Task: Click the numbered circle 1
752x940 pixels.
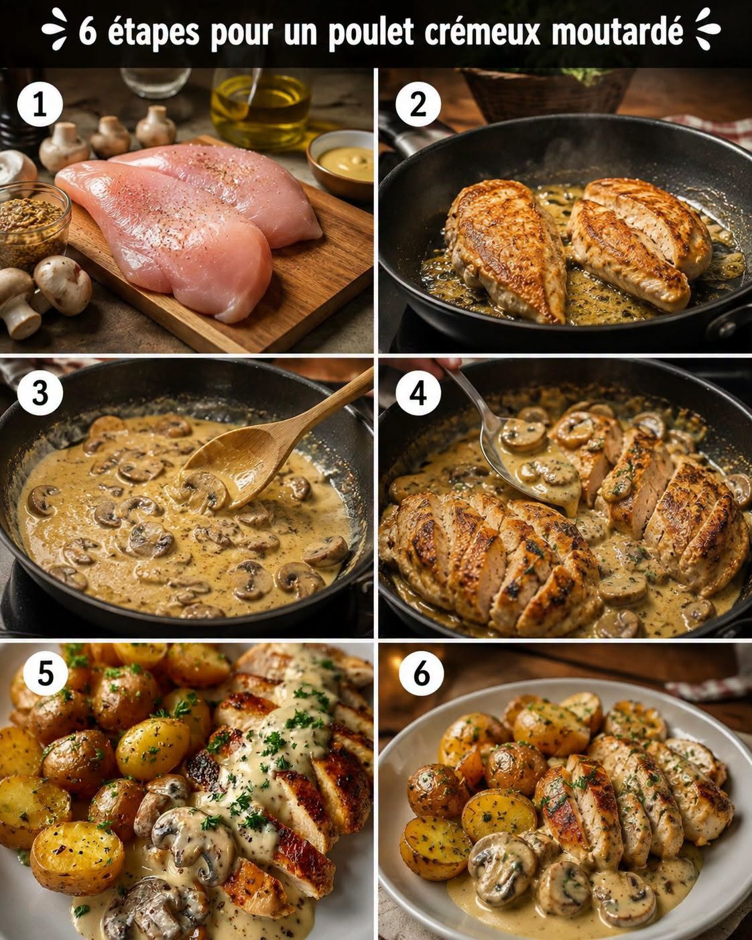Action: (x=40, y=105)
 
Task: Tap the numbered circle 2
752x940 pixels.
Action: (x=418, y=105)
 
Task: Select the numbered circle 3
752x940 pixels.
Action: (x=40, y=393)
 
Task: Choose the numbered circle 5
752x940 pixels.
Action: (x=46, y=673)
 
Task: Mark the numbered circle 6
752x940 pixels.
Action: (x=422, y=673)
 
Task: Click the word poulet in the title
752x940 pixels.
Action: (x=371, y=32)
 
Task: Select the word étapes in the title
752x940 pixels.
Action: (x=153, y=32)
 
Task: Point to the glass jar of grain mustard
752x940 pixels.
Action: (x=33, y=225)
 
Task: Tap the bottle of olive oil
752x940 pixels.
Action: (x=261, y=109)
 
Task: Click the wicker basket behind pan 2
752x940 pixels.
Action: (x=548, y=94)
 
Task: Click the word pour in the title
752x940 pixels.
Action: (x=241, y=34)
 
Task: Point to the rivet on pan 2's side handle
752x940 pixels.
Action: (x=727, y=328)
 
